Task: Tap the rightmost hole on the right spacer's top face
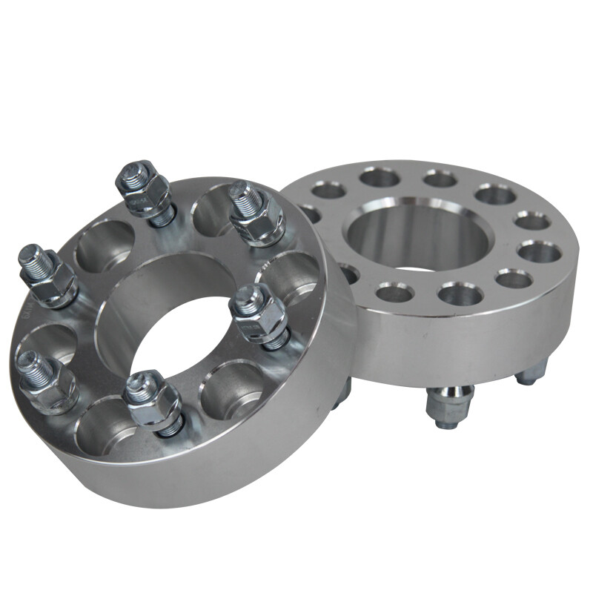click(x=539, y=252)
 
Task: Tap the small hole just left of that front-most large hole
click(x=394, y=293)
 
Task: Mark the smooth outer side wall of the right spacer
click(x=474, y=341)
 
